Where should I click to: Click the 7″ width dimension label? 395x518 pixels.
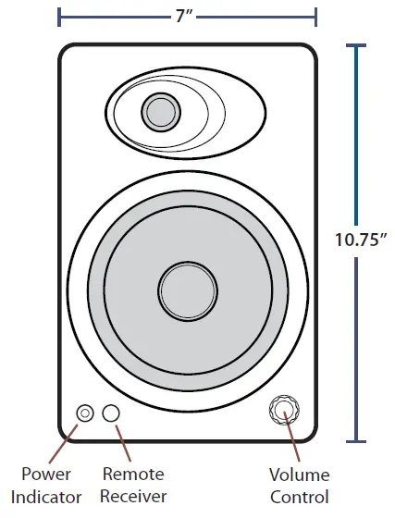tap(188, 17)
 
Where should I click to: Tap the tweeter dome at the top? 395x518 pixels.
tap(159, 113)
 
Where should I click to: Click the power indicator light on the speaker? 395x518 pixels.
tap(86, 413)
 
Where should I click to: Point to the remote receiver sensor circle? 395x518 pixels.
tap(112, 413)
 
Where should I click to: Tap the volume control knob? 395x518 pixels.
tap(284, 410)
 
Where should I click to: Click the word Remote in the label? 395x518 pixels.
tap(133, 475)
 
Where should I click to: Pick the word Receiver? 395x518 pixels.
tap(133, 498)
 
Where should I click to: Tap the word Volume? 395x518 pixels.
tap(299, 475)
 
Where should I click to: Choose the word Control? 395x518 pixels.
tap(299, 498)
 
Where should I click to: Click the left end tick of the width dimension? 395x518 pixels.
tap(59, 17)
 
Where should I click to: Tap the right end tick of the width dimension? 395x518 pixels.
tap(316, 17)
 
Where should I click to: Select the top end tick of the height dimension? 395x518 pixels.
tap(356, 45)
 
